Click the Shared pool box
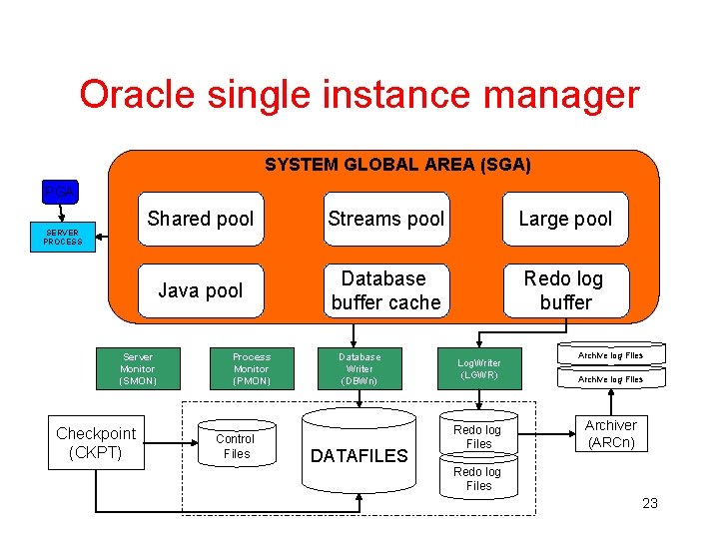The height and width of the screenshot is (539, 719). [201, 219]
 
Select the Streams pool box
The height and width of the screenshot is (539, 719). [385, 219]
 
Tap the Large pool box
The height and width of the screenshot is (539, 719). [565, 219]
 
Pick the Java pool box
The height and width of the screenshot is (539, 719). [201, 290]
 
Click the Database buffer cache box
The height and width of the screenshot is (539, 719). [385, 290]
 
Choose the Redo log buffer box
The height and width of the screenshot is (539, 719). [565, 290]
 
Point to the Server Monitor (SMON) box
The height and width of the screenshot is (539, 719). [138, 368]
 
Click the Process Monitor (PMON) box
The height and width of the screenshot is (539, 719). [252, 368]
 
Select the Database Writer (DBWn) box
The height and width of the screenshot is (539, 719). [359, 368]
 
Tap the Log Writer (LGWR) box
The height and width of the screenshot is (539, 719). [479, 368]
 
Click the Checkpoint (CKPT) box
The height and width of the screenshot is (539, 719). [96, 442]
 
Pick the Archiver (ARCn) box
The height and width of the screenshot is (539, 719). [611, 433]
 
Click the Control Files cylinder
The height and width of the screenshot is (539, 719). [236, 446]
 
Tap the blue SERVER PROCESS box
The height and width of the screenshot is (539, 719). [62, 238]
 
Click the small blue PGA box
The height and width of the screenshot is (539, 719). [61, 190]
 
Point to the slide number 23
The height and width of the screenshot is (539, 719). [650, 503]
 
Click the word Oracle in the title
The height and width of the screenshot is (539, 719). [139, 95]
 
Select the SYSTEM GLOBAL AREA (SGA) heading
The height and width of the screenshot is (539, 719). [397, 164]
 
